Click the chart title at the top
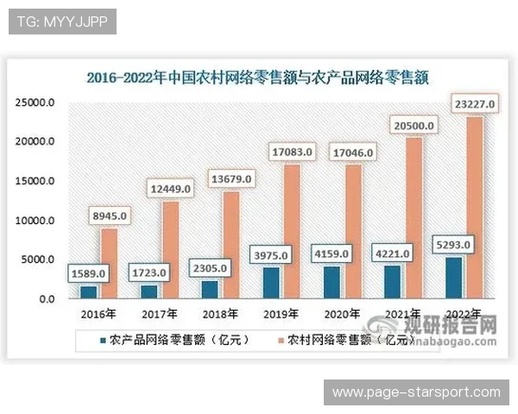coord(258,77)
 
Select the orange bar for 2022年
coord(475,207)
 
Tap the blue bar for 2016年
coord(89,292)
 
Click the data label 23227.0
coord(474,105)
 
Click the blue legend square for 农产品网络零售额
coord(103,339)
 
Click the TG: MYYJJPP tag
coord(62,21)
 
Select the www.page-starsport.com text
coord(415,392)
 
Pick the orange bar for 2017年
coord(169,249)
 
